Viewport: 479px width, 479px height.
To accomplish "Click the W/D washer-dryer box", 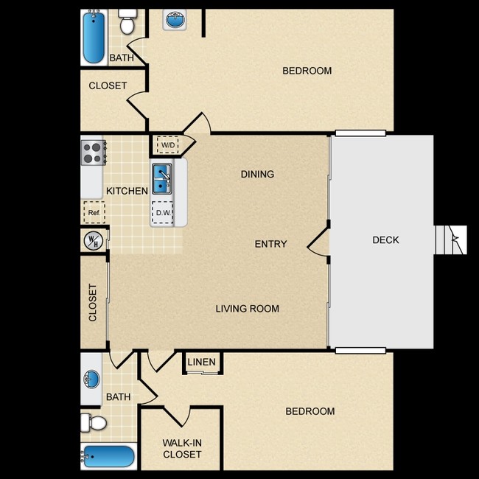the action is (167, 144).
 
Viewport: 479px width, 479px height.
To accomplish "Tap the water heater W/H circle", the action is (94, 240).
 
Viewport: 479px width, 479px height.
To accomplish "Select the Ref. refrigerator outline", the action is (94, 212).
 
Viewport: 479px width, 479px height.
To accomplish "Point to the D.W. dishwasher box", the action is (163, 212).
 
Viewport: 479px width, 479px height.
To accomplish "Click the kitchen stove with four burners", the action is (93, 153).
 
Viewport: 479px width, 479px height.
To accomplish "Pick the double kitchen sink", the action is (162, 179).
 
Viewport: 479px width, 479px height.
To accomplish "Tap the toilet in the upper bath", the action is (127, 21).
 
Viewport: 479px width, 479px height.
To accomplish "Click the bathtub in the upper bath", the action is (94, 37).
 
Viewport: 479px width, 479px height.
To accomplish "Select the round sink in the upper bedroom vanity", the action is (175, 20).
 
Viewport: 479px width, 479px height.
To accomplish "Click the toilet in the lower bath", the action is (94, 423).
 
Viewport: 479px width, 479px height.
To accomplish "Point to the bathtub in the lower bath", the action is (109, 457).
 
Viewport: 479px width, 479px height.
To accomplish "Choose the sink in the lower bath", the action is (91, 379).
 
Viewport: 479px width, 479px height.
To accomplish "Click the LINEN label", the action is (202, 362).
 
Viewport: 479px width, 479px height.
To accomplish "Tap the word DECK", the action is (385, 239).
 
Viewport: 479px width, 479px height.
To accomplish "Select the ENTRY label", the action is (271, 244).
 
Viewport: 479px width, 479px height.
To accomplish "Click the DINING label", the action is (257, 174).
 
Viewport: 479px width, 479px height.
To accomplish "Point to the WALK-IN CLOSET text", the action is (182, 449).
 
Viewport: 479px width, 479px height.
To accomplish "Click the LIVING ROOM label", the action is (248, 309).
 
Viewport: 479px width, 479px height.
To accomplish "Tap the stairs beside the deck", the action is (451, 239).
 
